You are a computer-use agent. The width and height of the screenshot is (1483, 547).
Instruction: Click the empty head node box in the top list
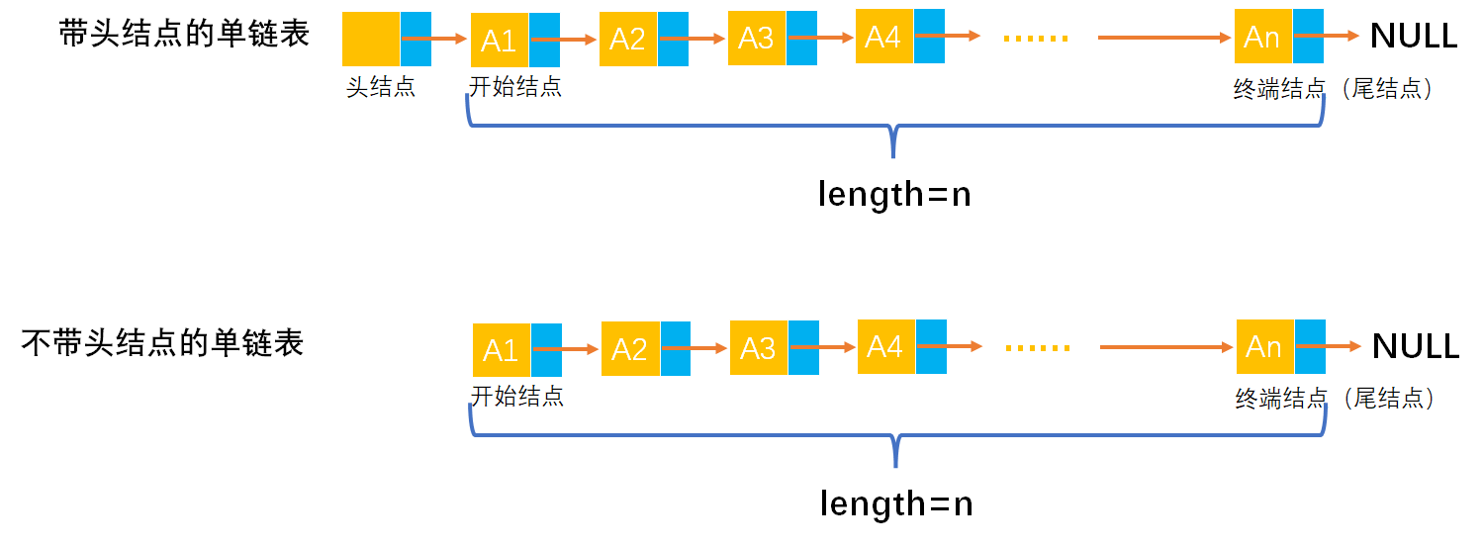point(371,40)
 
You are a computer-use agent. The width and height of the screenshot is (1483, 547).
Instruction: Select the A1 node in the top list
point(500,41)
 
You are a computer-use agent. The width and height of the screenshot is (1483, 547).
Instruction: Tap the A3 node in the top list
point(757,39)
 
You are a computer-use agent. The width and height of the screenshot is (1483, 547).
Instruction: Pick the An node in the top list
point(1263,38)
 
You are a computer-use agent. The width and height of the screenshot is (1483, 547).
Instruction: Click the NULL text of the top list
point(1414,37)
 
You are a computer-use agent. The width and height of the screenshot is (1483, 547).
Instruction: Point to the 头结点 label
point(381,87)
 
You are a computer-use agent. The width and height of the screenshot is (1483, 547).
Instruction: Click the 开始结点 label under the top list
point(515,87)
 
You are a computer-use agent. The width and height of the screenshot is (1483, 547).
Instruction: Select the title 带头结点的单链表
point(184,34)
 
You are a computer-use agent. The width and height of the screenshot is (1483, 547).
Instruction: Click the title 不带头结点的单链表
point(163,343)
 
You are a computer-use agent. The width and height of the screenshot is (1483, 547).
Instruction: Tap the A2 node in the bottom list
point(630,349)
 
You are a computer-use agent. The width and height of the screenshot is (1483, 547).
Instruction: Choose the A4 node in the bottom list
point(885,346)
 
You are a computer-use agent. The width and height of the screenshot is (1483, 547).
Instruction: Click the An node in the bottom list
point(1265,347)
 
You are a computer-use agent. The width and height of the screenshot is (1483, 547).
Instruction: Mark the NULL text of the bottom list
point(1416,346)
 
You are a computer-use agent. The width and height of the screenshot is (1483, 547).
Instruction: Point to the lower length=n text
point(896,504)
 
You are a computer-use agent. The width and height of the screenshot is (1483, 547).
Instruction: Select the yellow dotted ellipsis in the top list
point(1036,39)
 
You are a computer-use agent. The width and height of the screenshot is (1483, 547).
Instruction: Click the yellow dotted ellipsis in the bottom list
point(1038,348)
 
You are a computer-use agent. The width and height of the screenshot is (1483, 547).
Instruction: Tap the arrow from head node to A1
point(435,40)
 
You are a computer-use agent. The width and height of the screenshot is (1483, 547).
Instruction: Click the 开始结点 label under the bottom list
point(517,397)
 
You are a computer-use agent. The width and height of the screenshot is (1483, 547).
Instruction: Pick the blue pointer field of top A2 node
point(674,40)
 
